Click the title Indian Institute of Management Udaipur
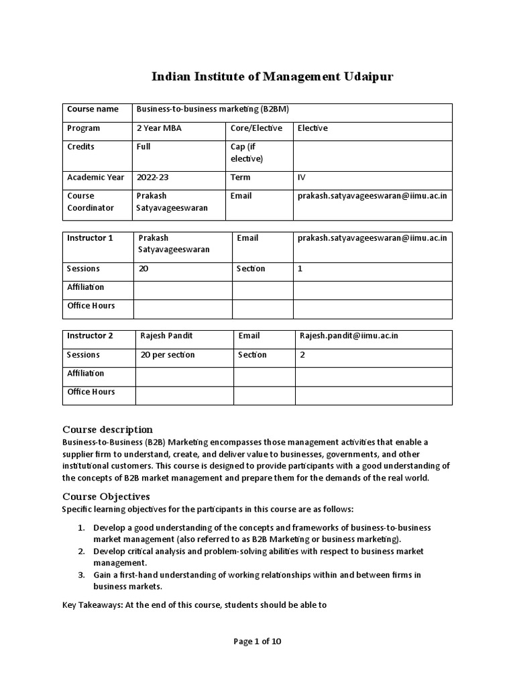tap(272, 77)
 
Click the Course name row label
tap(93, 109)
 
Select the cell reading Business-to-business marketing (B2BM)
tap(213, 109)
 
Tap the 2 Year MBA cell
tap(158, 128)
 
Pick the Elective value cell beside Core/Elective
tap(312, 128)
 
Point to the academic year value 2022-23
tap(153, 178)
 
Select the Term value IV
tap(301, 178)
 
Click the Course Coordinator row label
tap(91, 202)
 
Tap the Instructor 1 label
tap(90, 238)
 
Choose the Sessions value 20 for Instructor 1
tap(144, 268)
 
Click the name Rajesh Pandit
tap(166, 335)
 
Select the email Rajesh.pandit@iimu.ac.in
tap(349, 335)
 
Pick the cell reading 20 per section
tap(168, 355)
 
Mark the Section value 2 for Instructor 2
tap(302, 355)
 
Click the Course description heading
tap(107, 429)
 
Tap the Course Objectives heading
tap(106, 497)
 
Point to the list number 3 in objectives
tap(81, 575)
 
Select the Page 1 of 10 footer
tap(257, 641)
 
